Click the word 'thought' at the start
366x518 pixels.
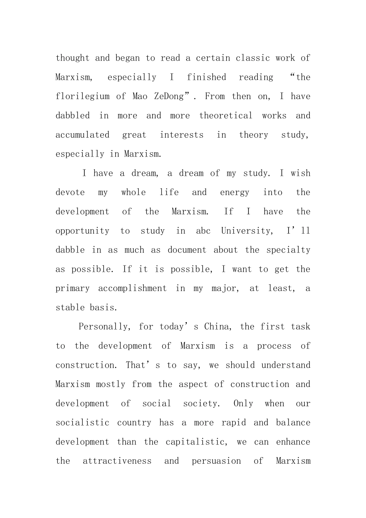tap(72, 58)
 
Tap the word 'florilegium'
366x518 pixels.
tap(82, 96)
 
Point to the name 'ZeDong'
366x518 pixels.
tap(169, 96)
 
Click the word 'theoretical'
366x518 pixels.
tap(226, 116)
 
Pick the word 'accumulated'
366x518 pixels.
tap(82, 135)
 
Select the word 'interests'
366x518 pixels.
tap(182, 135)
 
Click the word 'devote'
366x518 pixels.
tap(70, 192)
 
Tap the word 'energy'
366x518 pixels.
tap(235, 192)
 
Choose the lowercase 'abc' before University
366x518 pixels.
tap(203, 231)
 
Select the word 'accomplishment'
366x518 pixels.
tap(132, 288)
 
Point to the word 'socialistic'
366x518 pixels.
tap(82, 423)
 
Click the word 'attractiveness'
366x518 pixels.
tap(117, 461)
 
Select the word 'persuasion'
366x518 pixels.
tap(217, 461)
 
